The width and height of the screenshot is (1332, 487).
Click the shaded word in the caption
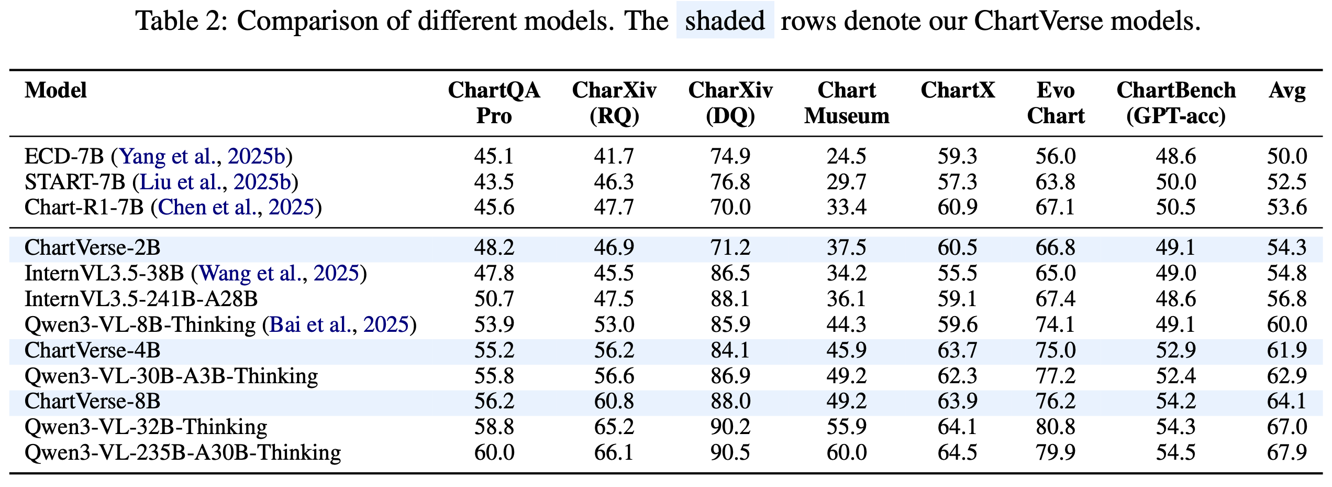[725, 21]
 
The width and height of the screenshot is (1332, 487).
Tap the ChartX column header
[957, 91]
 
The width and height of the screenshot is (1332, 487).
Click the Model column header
[56, 91]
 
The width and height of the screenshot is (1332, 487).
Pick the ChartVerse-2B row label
[92, 247]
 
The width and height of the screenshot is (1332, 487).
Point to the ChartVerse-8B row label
[92, 401]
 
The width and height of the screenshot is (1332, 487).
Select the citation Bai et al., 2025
[339, 324]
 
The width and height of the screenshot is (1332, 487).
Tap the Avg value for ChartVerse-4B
[1286, 350]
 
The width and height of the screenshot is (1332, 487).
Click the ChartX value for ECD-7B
[957, 156]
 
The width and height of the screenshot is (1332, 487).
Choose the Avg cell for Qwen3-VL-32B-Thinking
[1286, 427]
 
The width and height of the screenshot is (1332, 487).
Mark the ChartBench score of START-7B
[1175, 182]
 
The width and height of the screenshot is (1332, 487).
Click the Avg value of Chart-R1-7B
[1286, 208]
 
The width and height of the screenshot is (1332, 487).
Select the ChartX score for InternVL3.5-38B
[957, 273]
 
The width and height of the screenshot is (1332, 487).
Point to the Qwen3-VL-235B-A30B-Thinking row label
[183, 452]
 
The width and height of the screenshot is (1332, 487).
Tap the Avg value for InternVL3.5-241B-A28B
[1286, 299]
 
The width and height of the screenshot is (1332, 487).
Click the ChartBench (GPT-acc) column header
[1175, 103]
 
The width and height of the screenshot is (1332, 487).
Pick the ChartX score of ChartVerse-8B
[957, 401]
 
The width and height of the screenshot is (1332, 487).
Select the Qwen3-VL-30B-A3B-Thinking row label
[171, 376]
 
